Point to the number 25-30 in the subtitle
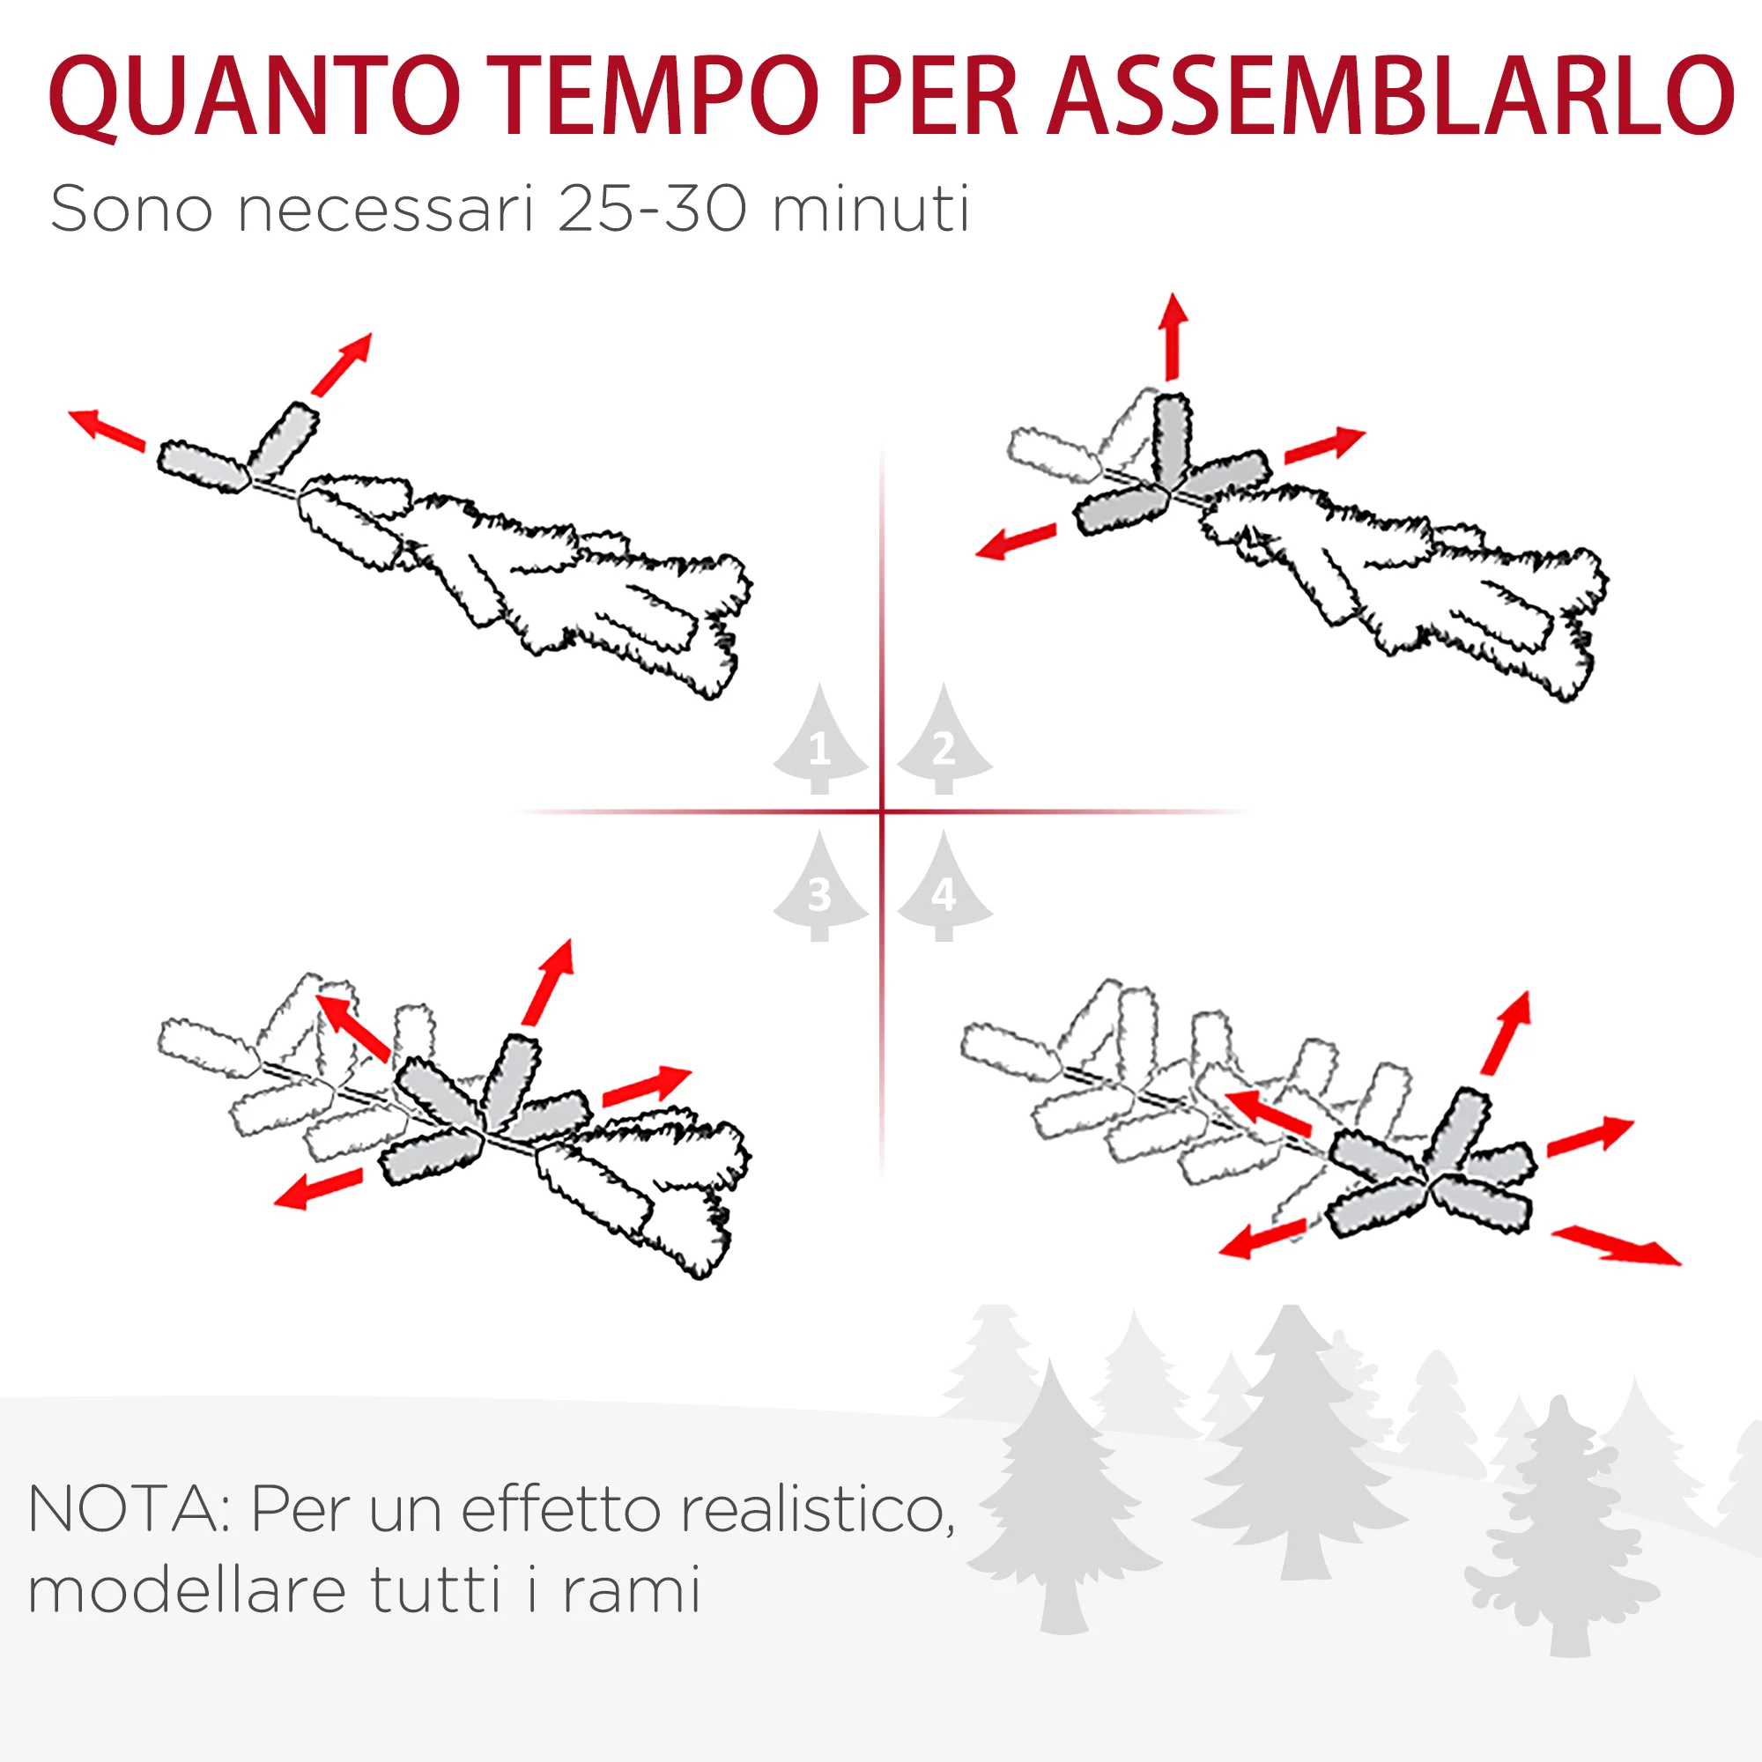(652, 210)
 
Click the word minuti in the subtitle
(870, 210)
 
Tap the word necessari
(384, 210)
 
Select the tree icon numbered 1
(820, 739)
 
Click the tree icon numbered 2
(944, 739)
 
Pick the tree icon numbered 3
(820, 885)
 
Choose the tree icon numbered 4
(944, 885)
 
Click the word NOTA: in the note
(129, 1509)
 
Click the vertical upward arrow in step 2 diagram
(1173, 337)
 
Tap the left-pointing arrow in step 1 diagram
(107, 430)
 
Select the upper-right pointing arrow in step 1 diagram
(342, 365)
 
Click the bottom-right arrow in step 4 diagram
(1616, 1246)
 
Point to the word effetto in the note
(560, 1509)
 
